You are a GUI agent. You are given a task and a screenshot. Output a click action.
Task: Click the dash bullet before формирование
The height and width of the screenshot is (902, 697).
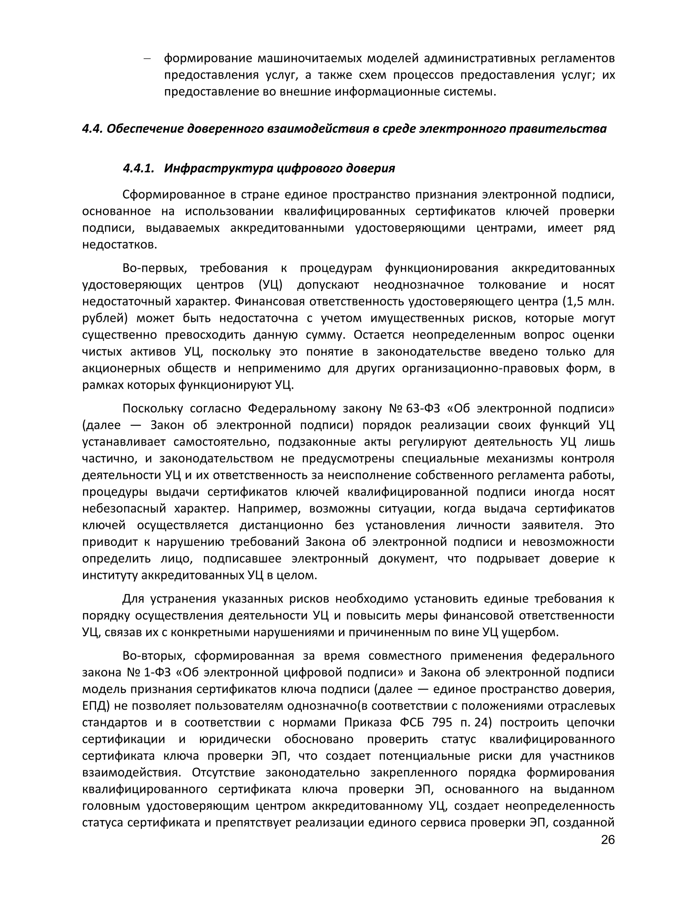[x=147, y=59]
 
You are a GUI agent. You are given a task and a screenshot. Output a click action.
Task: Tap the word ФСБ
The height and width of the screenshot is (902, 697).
[x=412, y=722]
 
